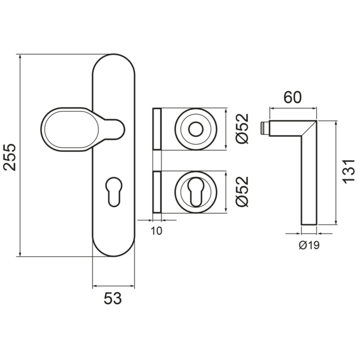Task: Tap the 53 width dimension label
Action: click(113, 298)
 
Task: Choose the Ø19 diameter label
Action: click(308, 245)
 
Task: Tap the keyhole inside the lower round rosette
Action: click(196, 192)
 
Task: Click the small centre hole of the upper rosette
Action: click(196, 129)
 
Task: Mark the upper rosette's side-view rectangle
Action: click(158, 129)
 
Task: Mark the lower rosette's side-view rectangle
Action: click(158, 192)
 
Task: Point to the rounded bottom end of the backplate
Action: click(113, 249)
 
